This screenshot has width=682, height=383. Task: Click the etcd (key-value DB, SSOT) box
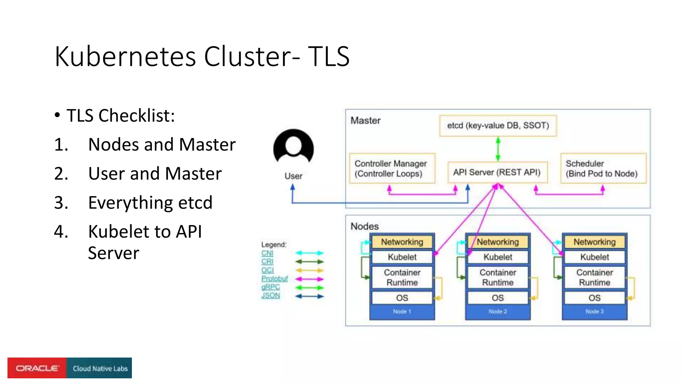point(498,126)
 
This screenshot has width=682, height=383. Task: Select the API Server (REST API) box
point(497,172)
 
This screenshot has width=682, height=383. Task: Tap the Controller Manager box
point(392,168)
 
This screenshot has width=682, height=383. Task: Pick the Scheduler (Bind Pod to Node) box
point(603,168)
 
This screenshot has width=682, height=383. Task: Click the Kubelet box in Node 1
point(402,257)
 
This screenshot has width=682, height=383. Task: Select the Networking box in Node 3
point(594,242)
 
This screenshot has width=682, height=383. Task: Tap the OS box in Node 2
point(498,298)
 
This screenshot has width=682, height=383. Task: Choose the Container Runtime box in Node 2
point(498,277)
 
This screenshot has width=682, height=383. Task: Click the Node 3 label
point(594,312)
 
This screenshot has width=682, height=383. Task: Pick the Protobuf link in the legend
point(274,279)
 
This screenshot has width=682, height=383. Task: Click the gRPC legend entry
point(270,287)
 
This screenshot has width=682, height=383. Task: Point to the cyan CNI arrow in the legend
point(309,253)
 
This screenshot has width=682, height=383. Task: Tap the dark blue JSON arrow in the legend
point(309,296)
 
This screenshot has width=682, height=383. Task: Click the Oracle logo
point(37,368)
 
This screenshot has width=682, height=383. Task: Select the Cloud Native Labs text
point(100,368)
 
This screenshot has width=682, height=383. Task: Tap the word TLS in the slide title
point(328,57)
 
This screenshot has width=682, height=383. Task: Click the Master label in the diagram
point(365,120)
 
